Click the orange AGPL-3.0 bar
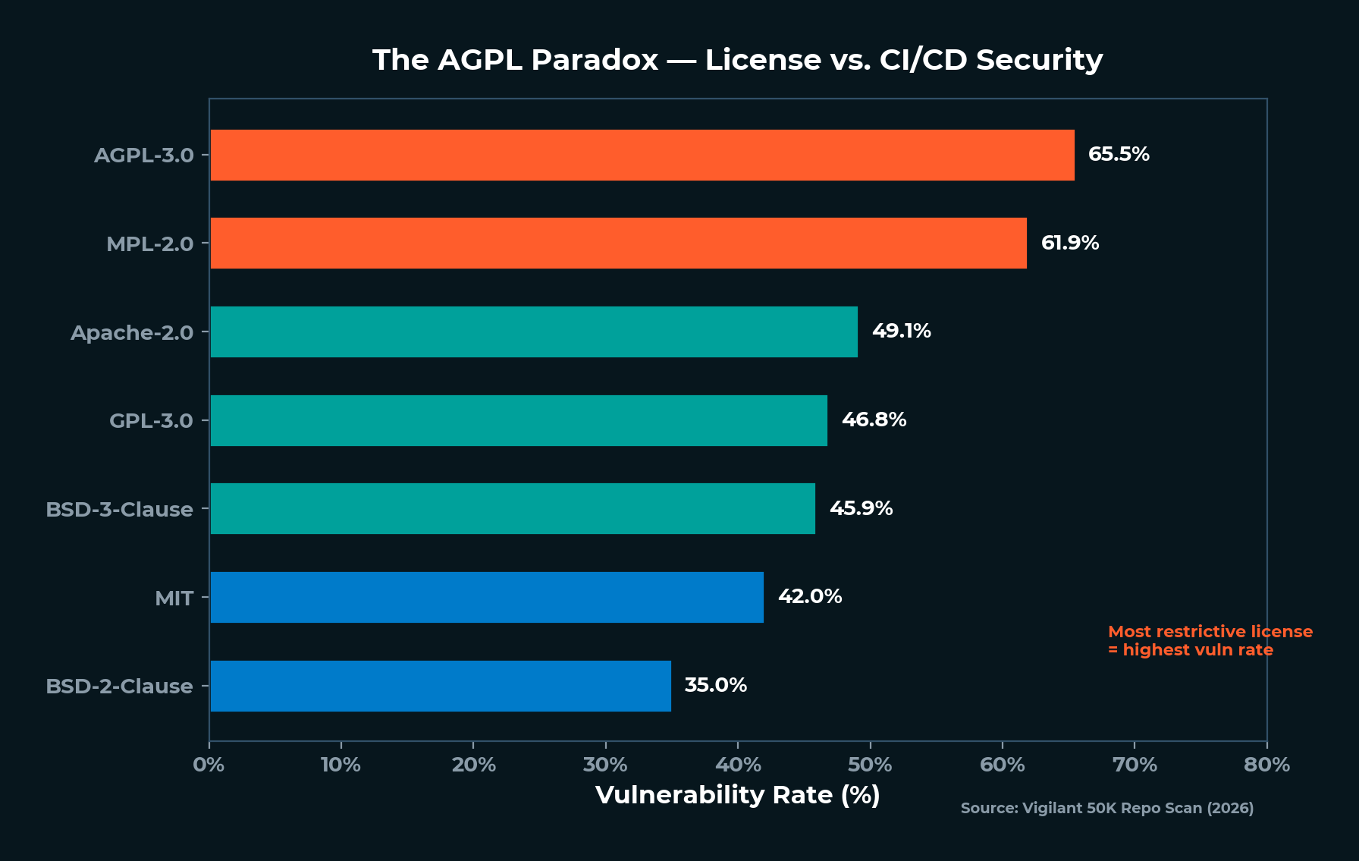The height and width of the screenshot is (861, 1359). click(642, 155)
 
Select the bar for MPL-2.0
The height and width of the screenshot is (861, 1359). click(618, 243)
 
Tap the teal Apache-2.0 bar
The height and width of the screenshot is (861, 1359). click(533, 332)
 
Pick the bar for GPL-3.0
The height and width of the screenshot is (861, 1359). click(518, 420)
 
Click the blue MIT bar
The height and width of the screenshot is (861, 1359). click(486, 597)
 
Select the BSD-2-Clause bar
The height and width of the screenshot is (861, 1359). click(440, 686)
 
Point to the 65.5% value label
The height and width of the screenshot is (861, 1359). click(1118, 154)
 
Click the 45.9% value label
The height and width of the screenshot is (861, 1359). click(861, 508)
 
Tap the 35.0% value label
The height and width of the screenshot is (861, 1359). click(715, 685)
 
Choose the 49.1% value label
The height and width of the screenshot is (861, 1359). click(901, 331)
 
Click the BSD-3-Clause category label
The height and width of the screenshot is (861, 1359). click(119, 509)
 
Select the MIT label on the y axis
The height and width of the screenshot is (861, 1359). click(174, 598)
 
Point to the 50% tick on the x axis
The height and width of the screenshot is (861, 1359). click(870, 764)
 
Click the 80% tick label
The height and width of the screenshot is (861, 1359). click(1266, 764)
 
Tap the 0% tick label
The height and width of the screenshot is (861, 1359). click(209, 764)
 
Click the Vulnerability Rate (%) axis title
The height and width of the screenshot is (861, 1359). click(737, 794)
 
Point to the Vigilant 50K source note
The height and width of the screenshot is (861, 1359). click(1106, 808)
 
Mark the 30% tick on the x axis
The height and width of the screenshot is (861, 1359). click(605, 764)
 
